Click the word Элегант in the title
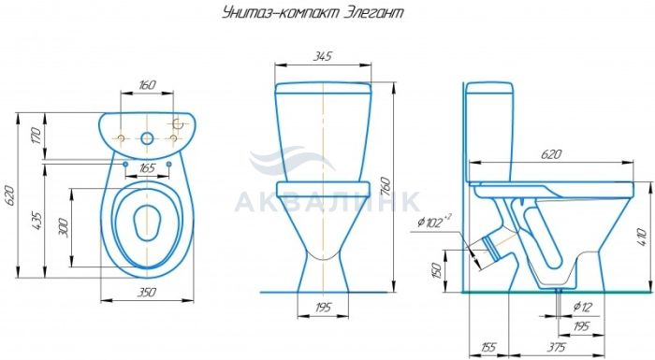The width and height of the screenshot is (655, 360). [374, 13]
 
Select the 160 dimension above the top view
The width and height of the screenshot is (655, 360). [147, 85]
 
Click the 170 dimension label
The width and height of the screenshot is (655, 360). [36, 137]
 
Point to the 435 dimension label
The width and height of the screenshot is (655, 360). [36, 222]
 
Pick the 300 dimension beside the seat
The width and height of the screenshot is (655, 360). [63, 227]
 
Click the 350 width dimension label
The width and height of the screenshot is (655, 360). [147, 292]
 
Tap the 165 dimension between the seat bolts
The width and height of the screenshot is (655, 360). [147, 168]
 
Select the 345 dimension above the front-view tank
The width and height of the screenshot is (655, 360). [322, 56]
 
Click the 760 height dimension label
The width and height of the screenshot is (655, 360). [386, 187]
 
